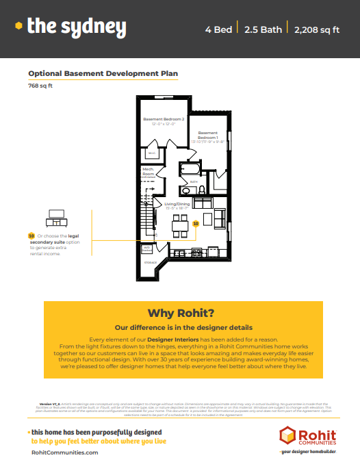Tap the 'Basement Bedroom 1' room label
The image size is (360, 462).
click(x=208, y=136)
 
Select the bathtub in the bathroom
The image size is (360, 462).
click(x=190, y=168)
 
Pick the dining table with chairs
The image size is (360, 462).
click(x=180, y=222)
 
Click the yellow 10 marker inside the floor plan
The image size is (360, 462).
click(x=196, y=223)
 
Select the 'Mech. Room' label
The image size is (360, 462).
click(x=148, y=172)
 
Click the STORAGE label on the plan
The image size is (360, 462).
click(x=150, y=262)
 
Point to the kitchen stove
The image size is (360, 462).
click(x=197, y=252)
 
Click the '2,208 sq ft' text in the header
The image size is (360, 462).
click(x=317, y=29)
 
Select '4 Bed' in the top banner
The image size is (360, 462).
click(x=218, y=29)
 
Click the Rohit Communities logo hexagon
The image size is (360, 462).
click(x=288, y=435)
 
